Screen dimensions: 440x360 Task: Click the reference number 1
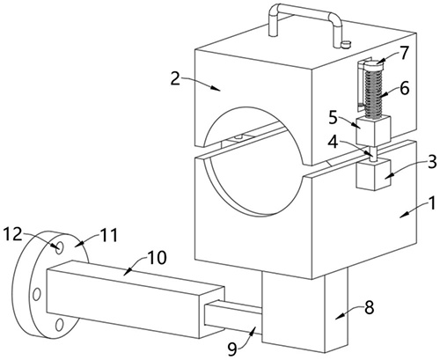tap(431, 203)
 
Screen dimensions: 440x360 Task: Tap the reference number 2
tap(175, 78)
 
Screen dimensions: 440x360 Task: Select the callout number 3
tap(432, 162)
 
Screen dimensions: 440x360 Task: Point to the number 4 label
tap(334, 142)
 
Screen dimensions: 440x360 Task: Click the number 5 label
tap(334, 118)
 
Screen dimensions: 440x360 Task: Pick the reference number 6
tap(405, 88)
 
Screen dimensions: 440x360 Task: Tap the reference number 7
tap(404, 53)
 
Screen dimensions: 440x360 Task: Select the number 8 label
tap(369, 308)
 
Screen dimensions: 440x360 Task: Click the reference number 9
tap(232, 349)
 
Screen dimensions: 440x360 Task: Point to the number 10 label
tap(157, 257)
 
